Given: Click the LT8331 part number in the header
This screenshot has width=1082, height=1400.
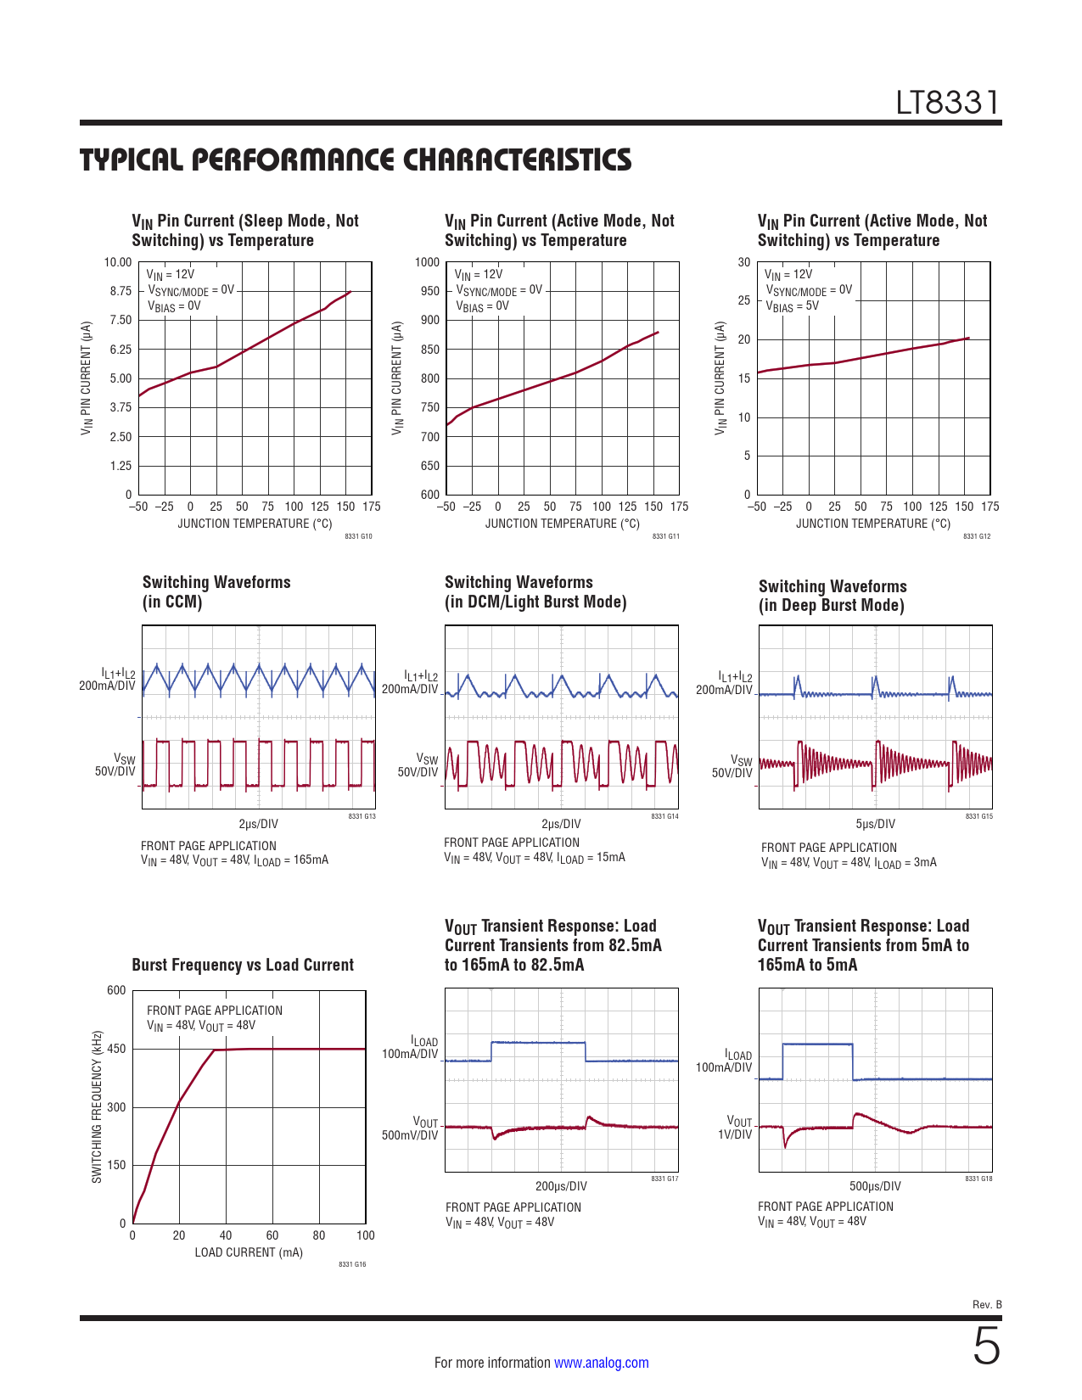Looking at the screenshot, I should point(948,103).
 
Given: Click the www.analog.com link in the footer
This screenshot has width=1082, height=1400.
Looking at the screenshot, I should point(601,1363).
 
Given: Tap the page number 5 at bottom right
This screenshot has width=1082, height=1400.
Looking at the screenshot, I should point(986,1347).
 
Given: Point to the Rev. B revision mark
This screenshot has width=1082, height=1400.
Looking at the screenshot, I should point(987,1304).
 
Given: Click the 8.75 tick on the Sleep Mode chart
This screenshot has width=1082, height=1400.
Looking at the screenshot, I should point(121,291).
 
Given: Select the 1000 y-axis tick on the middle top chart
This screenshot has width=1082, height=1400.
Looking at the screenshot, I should point(428,262).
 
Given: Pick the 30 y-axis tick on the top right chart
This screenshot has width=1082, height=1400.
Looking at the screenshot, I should point(744,262).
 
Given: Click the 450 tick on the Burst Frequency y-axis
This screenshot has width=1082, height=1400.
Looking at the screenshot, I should point(116,1049).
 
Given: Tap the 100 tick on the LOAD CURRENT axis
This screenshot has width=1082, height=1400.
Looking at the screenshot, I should point(366,1235).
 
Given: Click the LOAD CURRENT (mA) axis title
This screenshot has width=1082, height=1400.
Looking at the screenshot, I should point(249,1252).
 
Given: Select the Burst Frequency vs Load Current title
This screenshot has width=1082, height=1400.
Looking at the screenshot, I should point(243,965).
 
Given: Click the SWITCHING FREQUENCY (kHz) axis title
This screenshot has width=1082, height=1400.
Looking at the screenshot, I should point(97,1106).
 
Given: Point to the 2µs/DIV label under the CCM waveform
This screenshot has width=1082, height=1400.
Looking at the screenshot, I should point(258,824).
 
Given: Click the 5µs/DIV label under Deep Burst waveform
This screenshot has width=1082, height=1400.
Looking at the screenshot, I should point(875,824).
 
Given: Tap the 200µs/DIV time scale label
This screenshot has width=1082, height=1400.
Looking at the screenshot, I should point(561,1186).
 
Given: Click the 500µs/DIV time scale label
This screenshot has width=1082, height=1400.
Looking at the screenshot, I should point(875,1186).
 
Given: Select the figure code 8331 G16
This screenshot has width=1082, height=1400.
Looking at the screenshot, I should point(352,1265).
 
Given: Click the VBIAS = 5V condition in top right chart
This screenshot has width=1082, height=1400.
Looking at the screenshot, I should point(792,306).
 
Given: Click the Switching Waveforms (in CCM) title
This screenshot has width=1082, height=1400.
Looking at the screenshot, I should point(216,591).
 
